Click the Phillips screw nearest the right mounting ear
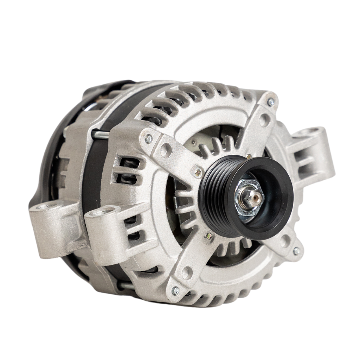click(271, 102)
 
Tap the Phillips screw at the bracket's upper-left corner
click(149, 139)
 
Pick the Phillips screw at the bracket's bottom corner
click(175, 290)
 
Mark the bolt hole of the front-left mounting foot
click(104, 212)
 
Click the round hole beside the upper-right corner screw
click(264, 120)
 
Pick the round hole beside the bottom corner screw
click(187, 272)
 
